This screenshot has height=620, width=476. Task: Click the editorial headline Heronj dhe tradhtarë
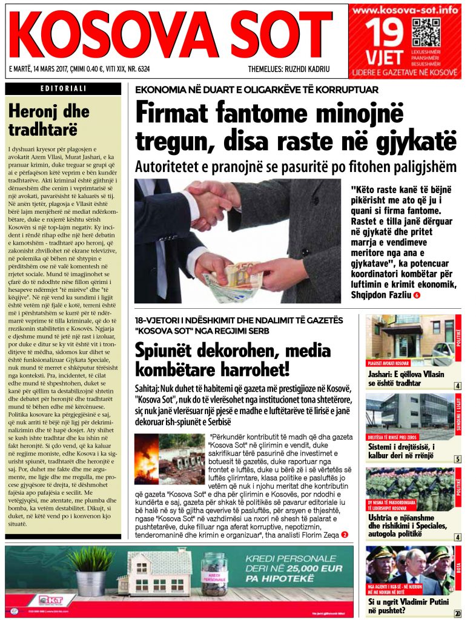tap(48, 120)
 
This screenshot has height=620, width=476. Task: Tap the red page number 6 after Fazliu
tap(416, 295)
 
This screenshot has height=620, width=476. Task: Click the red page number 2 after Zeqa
tap(345, 534)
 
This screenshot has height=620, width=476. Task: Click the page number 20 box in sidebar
tap(457, 614)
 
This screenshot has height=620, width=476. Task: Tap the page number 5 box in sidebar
tap(458, 458)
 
